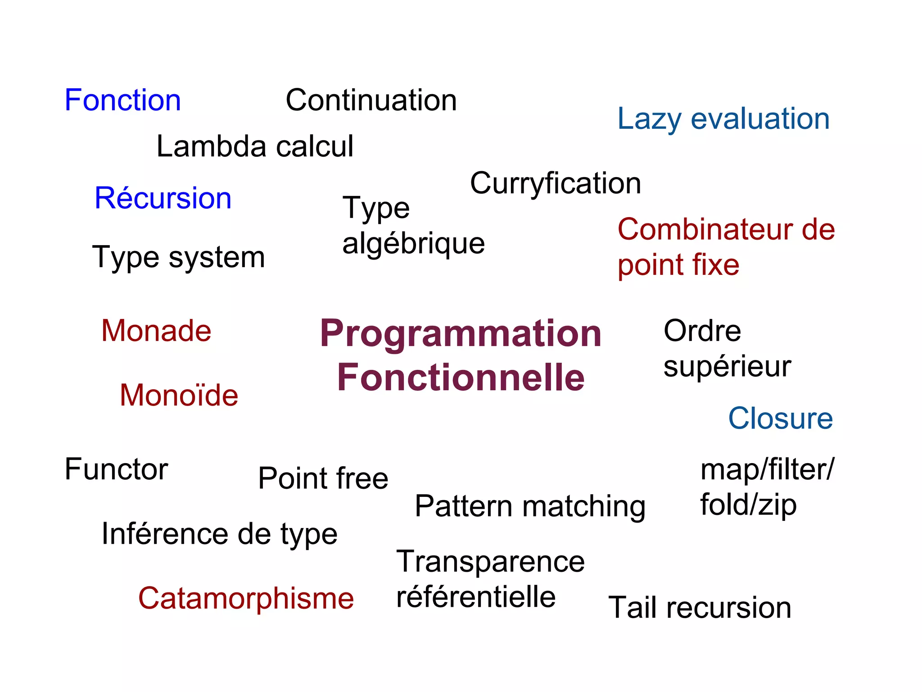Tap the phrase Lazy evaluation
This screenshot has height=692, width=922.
[x=723, y=119]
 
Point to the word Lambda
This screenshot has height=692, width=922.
[x=212, y=146]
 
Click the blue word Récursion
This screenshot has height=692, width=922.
[x=163, y=198]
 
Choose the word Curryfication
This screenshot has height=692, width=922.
[x=556, y=184]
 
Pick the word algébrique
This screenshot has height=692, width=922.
[x=413, y=244]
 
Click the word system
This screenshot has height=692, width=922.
[x=217, y=258]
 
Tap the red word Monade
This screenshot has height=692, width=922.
[x=156, y=331]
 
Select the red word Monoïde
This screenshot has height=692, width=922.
[x=179, y=396]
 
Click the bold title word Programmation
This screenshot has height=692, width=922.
[x=461, y=334]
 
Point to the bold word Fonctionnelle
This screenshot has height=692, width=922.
[x=461, y=378]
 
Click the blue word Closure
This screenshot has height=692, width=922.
[x=780, y=419]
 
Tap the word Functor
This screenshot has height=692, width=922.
[x=116, y=469]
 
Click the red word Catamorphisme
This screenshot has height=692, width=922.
[x=246, y=599]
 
